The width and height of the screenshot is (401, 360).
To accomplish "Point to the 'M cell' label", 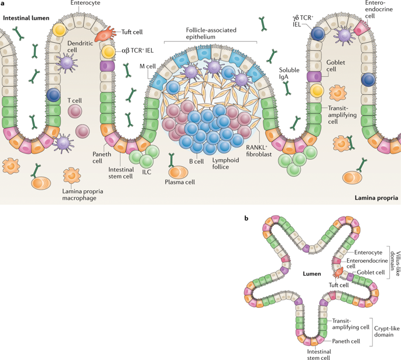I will click(x=147, y=67).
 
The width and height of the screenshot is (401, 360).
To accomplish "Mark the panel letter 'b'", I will click(x=246, y=218).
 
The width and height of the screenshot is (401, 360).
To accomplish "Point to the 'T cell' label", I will click(x=75, y=101).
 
